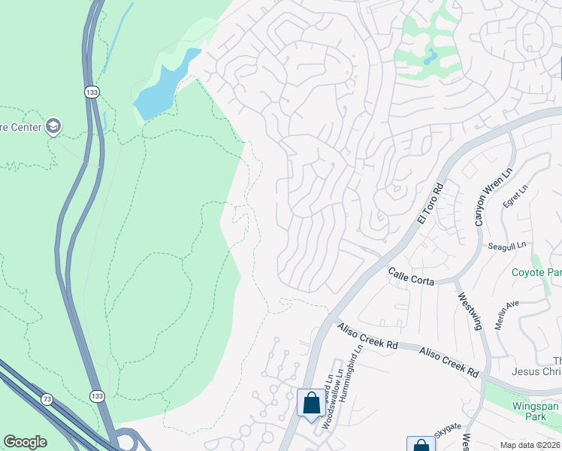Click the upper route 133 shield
92,92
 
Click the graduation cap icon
53,126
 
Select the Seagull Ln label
507,244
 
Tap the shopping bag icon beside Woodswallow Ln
311,403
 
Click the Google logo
25,442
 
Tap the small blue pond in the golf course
431,56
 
